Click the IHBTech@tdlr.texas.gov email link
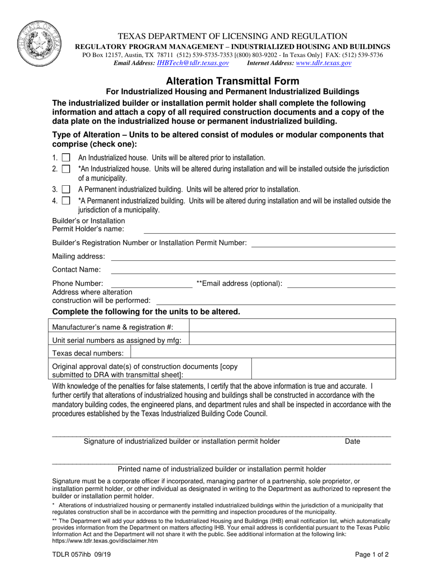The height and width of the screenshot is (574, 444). tap(193, 63)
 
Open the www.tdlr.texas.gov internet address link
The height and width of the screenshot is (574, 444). tap(323, 63)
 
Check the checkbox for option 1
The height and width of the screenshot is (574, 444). tap(66, 158)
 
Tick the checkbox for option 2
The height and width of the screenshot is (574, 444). tap(66, 169)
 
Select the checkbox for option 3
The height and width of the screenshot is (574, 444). tap(66, 189)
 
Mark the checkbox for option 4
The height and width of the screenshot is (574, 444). tap(66, 201)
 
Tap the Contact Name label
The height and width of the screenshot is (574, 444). tap(76, 270)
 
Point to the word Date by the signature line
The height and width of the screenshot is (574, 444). tap(352, 441)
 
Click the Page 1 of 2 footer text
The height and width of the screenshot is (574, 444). tap(372, 555)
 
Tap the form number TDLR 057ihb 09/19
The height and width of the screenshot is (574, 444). tap(79, 555)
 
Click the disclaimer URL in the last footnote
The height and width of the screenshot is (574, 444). tap(105, 541)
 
